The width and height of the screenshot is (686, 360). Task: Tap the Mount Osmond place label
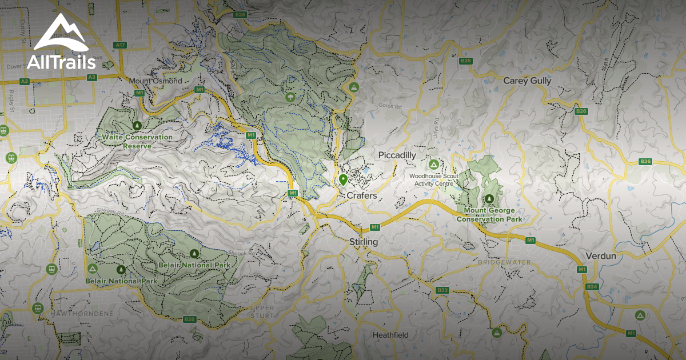coord(155,81)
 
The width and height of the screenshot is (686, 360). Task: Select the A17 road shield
coord(120,45)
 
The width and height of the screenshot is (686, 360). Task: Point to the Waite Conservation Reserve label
coord(137,141)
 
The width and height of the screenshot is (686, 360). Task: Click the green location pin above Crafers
coord(343,181)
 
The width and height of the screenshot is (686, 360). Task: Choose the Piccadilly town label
coord(397,155)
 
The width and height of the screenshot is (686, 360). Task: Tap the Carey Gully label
coord(527,81)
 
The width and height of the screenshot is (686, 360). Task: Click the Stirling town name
coord(364,242)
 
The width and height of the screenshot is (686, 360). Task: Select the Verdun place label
coord(601,256)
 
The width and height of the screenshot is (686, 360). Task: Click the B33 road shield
coord(442,290)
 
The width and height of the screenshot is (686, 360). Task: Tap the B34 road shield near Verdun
coord(592,286)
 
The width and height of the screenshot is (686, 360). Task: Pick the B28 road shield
coord(190,319)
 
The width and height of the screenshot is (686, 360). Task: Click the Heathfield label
coord(390,335)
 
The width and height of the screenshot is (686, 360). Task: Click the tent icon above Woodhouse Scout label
coord(434,164)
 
